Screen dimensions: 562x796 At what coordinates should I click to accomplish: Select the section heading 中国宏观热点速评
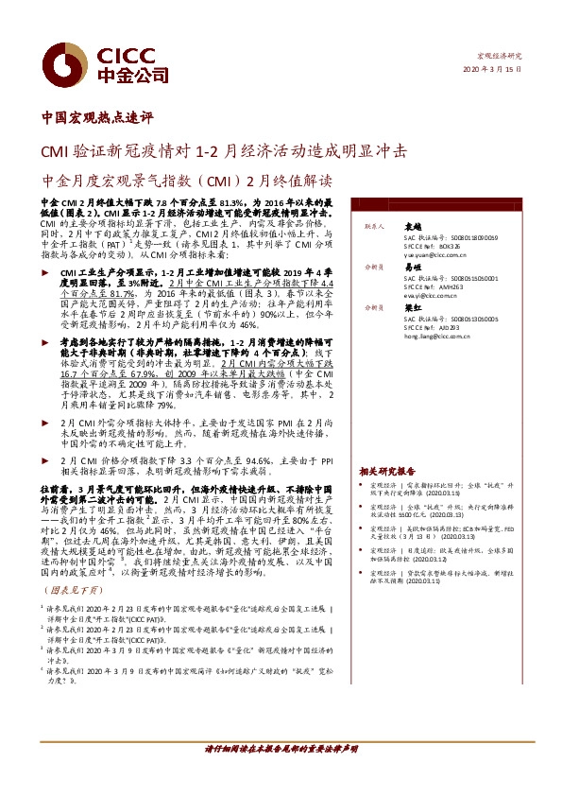coord(97,118)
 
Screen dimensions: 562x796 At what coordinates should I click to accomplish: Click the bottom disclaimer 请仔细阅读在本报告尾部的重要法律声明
coord(281,749)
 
